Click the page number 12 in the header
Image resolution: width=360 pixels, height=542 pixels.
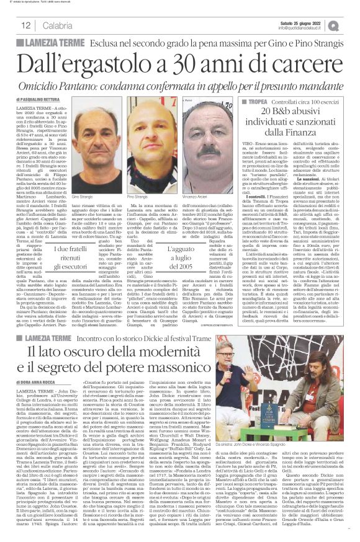[x=27, y=25]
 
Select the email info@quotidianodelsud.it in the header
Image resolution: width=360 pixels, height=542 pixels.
[x=305, y=29]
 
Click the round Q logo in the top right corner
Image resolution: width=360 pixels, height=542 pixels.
[x=351, y=25]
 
